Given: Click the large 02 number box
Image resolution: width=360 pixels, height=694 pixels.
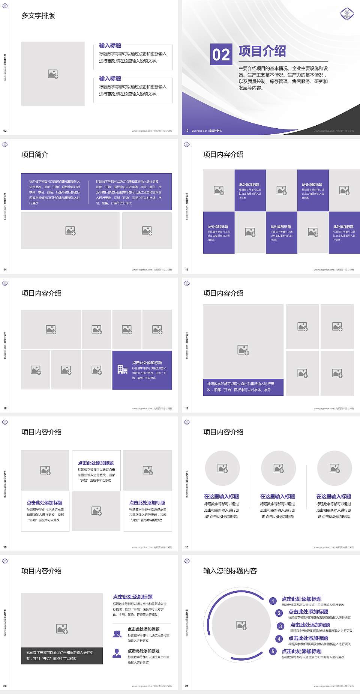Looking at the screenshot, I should [x=221, y=54].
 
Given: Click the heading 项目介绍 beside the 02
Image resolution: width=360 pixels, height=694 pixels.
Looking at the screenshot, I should [x=262, y=51].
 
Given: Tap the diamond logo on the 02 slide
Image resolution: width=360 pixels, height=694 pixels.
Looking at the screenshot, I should [x=347, y=14].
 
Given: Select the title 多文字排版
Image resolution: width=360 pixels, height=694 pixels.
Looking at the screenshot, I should [x=38, y=16].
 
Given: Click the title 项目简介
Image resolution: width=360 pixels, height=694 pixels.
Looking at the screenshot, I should [x=35, y=155].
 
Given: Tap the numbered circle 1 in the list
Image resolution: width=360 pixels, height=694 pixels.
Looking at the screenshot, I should [x=273, y=601].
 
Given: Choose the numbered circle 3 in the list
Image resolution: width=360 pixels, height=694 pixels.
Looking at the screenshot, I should [x=280, y=626].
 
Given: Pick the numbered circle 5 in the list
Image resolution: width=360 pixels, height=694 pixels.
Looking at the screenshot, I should [x=273, y=651].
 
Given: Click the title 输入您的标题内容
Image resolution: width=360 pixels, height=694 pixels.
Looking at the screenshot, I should [x=230, y=571].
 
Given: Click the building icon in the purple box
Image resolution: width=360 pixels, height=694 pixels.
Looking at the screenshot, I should [x=122, y=370].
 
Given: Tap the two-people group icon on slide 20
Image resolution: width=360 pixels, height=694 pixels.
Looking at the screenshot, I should [x=117, y=634].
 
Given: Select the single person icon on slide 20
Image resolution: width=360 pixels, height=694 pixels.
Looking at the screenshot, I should [x=117, y=653].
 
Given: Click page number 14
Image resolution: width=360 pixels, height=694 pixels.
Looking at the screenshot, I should [x=5, y=269].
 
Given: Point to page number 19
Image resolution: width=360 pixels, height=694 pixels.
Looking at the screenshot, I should [x=187, y=547].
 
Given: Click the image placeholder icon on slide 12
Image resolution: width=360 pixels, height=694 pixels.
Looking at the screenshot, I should [x=53, y=74].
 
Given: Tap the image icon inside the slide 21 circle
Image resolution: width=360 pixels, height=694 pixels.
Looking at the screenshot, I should [x=241, y=625].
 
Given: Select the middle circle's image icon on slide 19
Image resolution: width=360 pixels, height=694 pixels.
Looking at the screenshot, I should [x=279, y=468].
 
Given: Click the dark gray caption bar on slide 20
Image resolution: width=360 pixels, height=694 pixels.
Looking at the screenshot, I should [x=62, y=655].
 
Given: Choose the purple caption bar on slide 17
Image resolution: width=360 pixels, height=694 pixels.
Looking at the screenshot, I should [x=243, y=387].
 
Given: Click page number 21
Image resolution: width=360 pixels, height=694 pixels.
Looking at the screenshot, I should [x=187, y=686].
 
